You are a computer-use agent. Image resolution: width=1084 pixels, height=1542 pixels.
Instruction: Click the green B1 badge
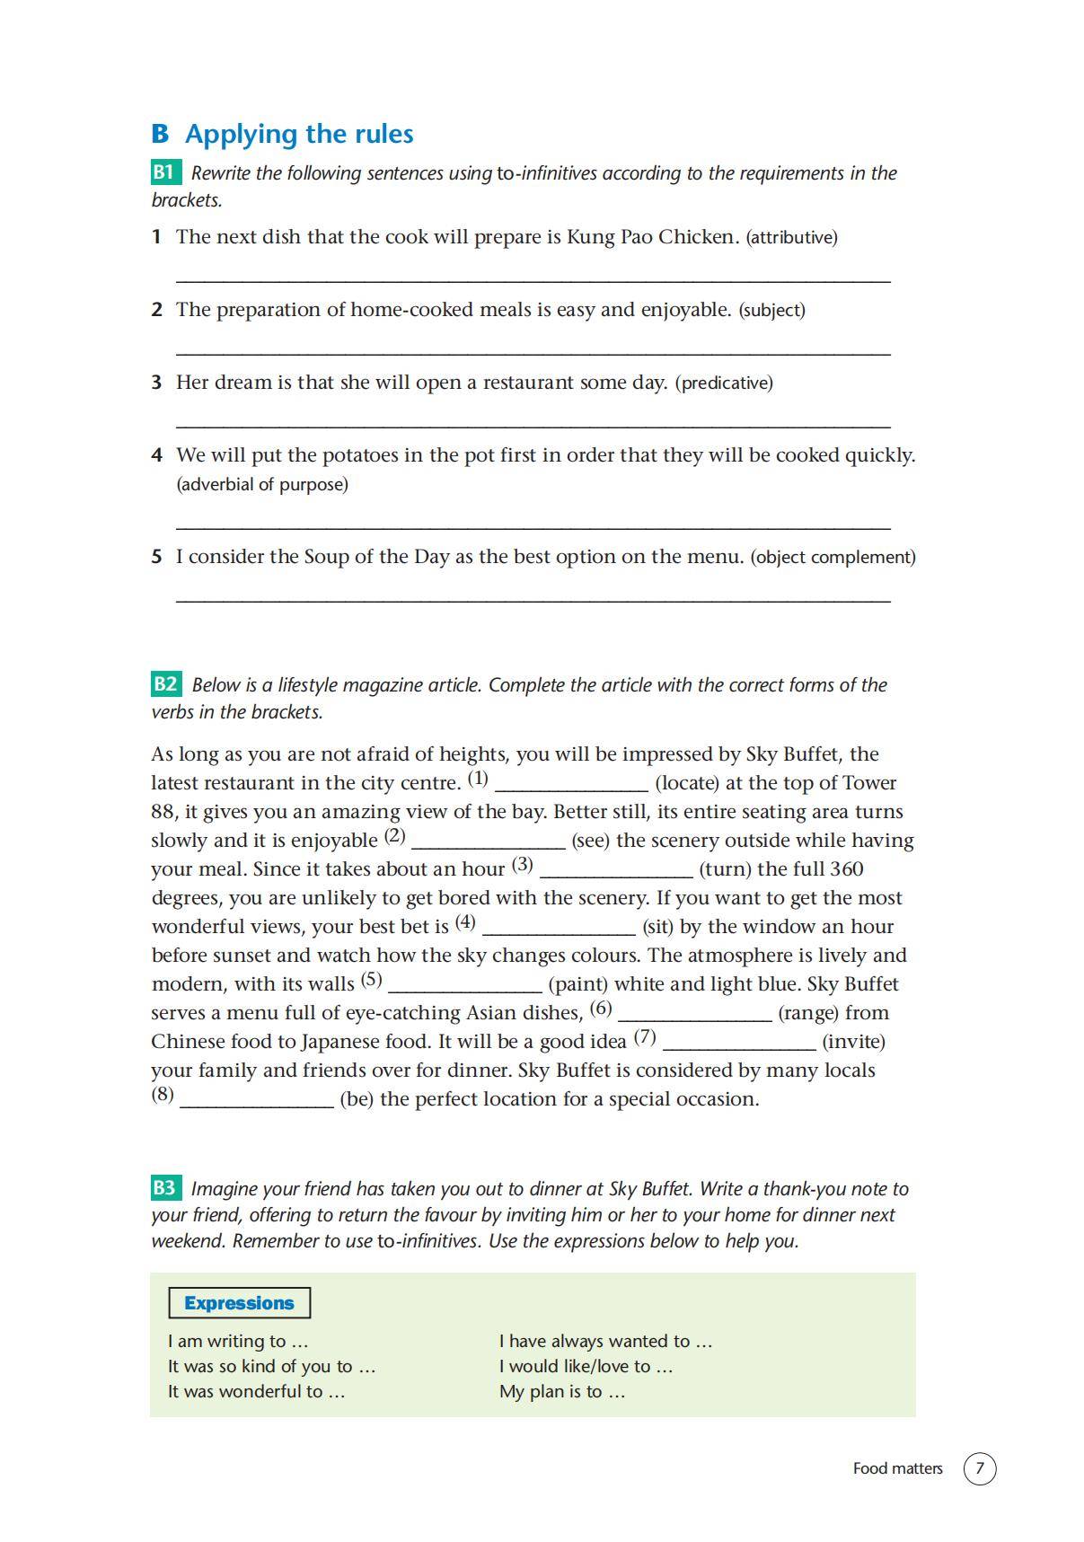(165, 172)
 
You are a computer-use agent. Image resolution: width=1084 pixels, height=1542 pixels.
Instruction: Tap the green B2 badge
(165, 684)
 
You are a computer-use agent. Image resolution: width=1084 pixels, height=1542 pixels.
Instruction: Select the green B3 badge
(165, 1188)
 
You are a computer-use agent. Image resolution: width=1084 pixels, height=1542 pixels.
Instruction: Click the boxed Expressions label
(239, 1303)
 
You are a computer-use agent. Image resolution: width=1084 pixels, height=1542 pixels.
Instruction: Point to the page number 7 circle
(980, 1468)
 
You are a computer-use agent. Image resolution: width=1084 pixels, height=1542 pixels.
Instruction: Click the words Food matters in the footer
(897, 1468)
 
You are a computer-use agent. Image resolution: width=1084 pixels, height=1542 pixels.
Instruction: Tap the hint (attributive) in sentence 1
(791, 238)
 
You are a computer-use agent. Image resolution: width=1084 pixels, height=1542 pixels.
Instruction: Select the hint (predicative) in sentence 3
(724, 383)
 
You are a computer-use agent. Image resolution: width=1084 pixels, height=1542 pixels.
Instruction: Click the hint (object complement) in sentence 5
(833, 558)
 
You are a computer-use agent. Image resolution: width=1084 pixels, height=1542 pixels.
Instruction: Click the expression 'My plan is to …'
(562, 1392)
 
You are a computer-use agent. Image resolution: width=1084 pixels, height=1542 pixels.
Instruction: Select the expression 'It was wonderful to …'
(256, 1392)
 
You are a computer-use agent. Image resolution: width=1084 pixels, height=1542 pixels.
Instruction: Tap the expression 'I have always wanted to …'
(605, 1342)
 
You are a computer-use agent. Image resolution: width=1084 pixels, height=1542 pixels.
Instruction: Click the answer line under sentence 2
(533, 351)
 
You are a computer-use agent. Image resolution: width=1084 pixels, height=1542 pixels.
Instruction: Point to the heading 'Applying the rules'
(299, 134)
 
